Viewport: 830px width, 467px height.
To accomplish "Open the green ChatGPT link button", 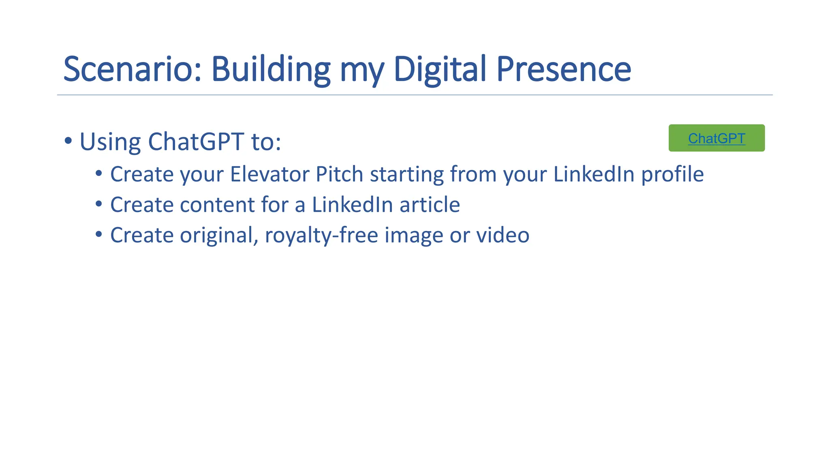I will pyautogui.click(x=716, y=138).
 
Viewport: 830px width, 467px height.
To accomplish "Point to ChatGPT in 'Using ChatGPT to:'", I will pyautogui.click(x=196, y=142).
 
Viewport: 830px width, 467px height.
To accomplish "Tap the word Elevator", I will pyautogui.click(x=270, y=174).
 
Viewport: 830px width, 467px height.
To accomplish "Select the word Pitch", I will pyautogui.click(x=339, y=174).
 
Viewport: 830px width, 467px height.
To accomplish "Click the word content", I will pyautogui.click(x=217, y=205).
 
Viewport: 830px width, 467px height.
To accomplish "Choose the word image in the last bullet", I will pyautogui.click(x=413, y=236).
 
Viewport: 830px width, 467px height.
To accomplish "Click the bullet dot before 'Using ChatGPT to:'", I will pyautogui.click(x=68, y=141).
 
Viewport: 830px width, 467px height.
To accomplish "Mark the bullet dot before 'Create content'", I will pyautogui.click(x=98, y=204).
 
